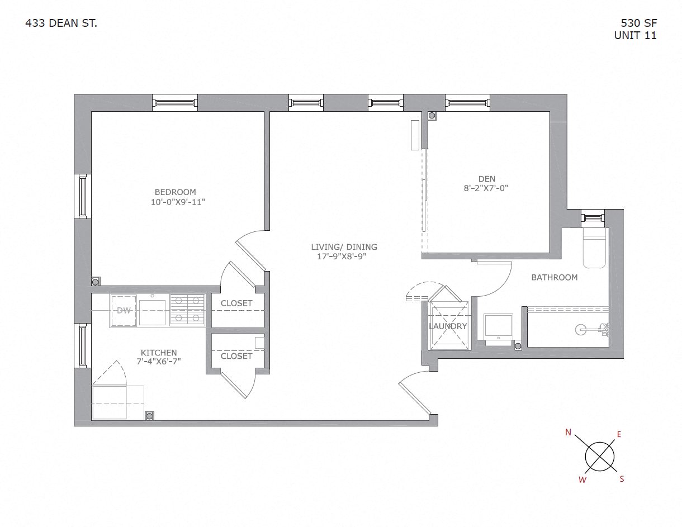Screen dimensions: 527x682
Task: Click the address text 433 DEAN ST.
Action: click(x=61, y=23)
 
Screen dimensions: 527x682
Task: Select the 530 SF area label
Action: click(x=638, y=23)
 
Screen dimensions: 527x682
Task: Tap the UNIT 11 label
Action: click(x=635, y=35)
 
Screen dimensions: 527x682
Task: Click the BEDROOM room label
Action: click(x=176, y=193)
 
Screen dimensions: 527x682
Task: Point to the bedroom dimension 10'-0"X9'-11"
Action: click(x=178, y=202)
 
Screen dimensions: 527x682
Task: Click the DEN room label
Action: click(x=486, y=179)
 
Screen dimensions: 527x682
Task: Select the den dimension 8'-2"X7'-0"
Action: click(x=485, y=188)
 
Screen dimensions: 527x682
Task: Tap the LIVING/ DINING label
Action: click(x=344, y=247)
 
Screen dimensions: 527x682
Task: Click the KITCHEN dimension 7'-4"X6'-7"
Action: click(x=159, y=362)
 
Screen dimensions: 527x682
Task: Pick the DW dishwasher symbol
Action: click(x=124, y=311)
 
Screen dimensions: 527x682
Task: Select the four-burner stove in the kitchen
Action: click(x=187, y=309)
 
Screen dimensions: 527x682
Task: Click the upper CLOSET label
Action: click(x=236, y=303)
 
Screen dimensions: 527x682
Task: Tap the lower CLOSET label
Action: click(x=236, y=356)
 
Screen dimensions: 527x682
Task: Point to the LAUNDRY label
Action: click(x=447, y=326)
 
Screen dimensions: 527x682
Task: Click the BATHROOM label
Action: click(x=554, y=277)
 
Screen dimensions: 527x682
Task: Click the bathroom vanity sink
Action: click(x=498, y=326)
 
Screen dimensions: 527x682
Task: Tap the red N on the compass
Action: click(x=568, y=432)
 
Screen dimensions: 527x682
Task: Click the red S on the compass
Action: click(x=622, y=479)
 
